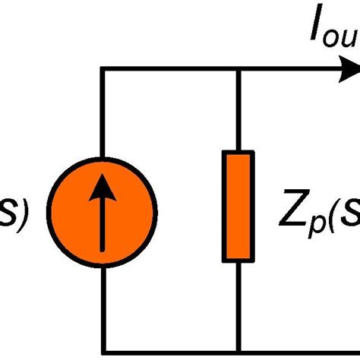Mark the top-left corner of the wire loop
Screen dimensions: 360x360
pos(102,70)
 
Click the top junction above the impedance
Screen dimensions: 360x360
pos(238,70)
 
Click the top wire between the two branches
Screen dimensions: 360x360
pos(170,70)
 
